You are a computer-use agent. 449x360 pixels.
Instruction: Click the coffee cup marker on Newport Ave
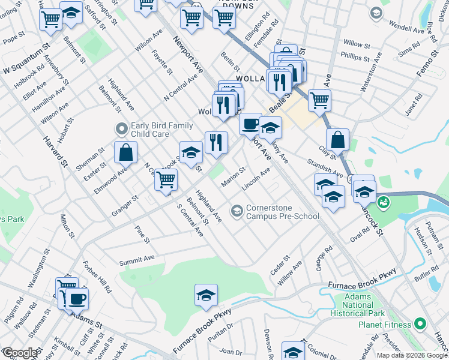pos(250,124)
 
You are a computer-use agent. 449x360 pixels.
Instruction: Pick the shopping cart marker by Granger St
pos(166,179)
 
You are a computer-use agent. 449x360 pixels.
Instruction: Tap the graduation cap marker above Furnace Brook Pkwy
pos(206,295)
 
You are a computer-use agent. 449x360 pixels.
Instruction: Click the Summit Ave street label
pos(137,260)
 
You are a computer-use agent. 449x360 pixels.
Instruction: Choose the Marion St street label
pos(234,176)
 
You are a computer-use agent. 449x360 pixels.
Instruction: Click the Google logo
pos(20,353)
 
